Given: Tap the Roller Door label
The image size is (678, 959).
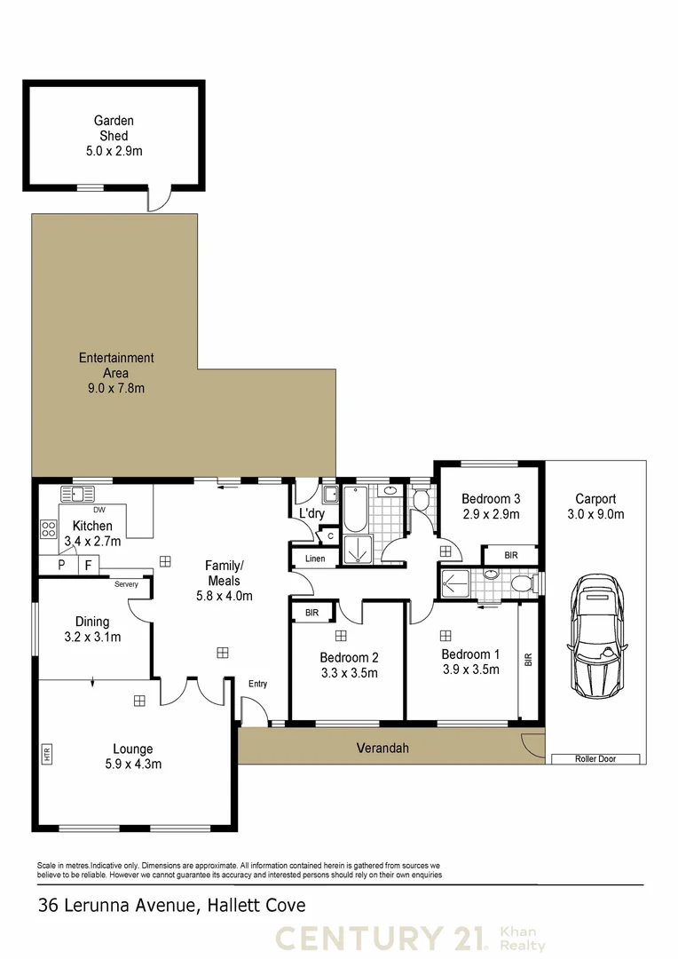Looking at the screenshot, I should [595, 759].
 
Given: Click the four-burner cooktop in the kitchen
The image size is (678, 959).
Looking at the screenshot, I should [48, 530].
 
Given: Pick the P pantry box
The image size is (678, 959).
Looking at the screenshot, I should [61, 565].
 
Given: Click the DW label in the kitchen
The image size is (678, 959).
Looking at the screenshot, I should [99, 511].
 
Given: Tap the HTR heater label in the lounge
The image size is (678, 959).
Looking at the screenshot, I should [47, 755].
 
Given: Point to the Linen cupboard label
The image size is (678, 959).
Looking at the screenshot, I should [315, 559].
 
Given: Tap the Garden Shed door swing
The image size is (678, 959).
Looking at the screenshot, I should [156, 200].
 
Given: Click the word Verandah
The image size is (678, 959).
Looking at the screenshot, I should [382, 749].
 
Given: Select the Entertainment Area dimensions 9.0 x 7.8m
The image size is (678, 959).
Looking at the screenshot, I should [115, 388].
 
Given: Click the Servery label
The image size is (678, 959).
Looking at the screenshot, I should [126, 584].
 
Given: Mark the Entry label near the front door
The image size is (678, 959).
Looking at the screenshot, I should [257, 684].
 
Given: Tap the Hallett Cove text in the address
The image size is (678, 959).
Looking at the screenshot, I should [256, 906].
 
